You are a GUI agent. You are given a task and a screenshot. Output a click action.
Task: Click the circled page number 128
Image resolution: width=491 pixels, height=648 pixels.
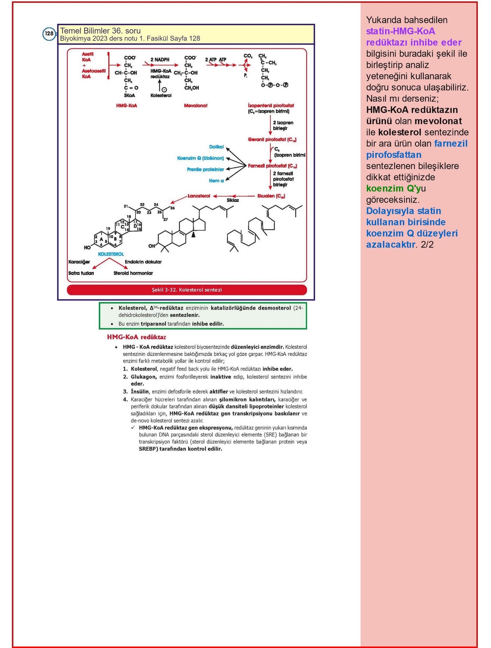click(49, 34)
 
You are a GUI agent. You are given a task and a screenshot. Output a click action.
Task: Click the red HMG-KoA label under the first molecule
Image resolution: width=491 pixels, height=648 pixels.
click(126, 105)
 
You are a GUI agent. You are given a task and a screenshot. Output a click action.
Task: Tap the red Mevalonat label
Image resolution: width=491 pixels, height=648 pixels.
click(195, 105)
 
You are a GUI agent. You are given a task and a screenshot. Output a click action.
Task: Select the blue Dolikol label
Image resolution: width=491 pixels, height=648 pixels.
click(216, 147)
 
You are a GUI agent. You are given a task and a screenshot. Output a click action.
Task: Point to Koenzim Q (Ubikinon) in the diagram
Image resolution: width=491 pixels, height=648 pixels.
click(201, 158)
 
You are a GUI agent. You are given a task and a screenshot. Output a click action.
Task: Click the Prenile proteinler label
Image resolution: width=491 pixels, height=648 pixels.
click(206, 169)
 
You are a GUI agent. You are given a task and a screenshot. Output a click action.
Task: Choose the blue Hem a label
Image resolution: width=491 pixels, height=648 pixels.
click(216, 181)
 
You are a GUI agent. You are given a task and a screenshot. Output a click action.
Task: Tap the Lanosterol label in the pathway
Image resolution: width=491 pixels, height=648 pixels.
click(199, 196)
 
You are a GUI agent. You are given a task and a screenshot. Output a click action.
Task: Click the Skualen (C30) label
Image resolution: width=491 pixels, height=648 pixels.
click(271, 196)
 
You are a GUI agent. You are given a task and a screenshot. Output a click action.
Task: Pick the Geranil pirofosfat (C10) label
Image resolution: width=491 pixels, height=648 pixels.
click(272, 139)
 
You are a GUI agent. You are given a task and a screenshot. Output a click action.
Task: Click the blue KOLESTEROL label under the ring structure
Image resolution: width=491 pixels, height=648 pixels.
click(111, 254)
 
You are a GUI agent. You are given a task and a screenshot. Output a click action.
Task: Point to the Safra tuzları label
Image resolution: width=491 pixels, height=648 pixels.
click(81, 273)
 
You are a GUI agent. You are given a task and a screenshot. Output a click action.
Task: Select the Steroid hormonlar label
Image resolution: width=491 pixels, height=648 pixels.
click(133, 273)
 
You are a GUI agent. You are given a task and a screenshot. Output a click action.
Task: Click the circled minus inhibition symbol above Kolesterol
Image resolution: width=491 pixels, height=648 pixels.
click(164, 90)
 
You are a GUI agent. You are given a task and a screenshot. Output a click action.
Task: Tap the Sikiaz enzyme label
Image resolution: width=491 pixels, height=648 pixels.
click(233, 200)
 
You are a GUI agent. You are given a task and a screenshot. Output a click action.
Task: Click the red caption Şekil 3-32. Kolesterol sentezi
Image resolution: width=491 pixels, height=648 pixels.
click(187, 290)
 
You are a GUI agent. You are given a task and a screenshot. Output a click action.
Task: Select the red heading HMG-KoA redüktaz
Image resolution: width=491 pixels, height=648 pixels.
click(136, 337)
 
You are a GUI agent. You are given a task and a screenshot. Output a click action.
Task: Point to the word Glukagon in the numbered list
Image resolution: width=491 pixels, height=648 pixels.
click(144, 377)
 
